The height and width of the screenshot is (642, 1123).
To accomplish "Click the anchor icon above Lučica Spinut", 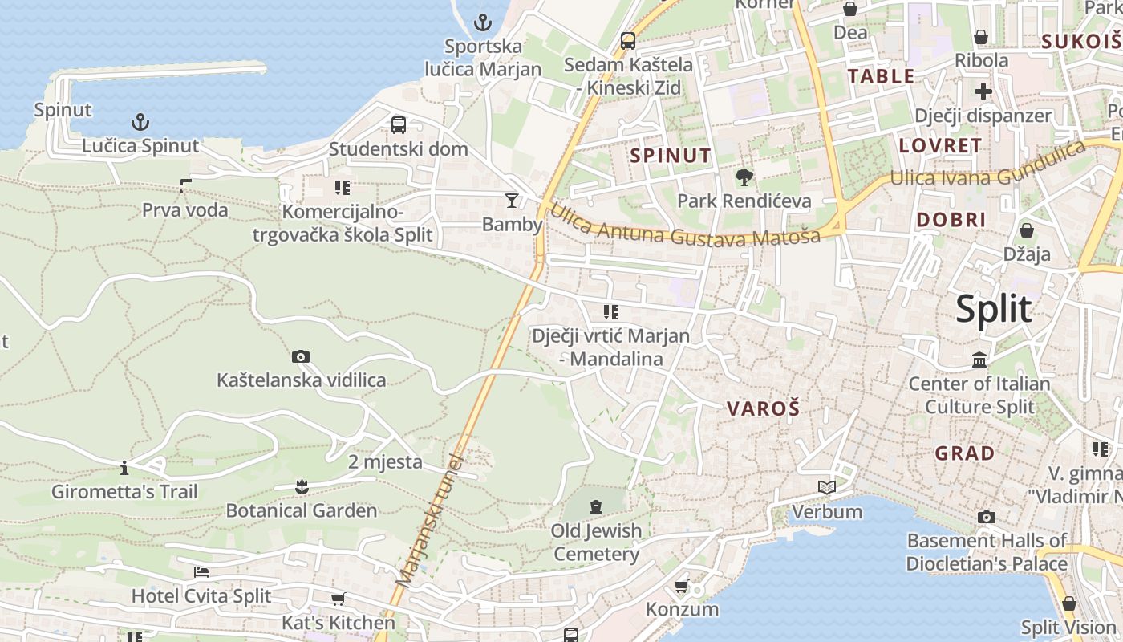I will click(140, 122).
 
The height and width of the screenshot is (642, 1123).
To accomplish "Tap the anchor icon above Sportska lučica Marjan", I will click(483, 22).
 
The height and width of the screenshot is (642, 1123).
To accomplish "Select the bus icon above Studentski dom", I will click(399, 125).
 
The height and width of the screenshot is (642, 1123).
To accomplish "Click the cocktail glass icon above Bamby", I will click(512, 200).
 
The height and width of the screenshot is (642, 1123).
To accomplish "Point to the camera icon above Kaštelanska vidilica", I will click(301, 356).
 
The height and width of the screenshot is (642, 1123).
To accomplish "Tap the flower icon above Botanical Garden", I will click(302, 486).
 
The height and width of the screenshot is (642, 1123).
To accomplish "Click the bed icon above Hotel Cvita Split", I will click(201, 572).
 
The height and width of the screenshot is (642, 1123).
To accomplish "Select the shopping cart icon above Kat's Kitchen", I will click(338, 599).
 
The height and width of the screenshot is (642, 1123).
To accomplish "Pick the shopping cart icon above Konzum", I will click(682, 586).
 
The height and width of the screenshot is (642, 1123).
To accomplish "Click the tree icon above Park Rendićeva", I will click(744, 177).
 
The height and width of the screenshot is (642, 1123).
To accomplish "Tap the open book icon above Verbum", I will click(827, 487).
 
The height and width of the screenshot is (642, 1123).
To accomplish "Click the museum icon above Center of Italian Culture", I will click(979, 360).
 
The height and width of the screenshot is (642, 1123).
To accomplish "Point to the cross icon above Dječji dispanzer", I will click(983, 91).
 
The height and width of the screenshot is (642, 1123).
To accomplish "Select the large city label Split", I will click(993, 309).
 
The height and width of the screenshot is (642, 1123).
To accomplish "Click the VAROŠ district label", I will click(763, 408).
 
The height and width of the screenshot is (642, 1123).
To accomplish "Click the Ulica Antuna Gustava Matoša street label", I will click(685, 226).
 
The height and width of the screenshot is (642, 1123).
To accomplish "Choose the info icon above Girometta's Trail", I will click(124, 467).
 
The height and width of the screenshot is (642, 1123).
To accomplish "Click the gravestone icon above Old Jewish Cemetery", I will click(596, 507).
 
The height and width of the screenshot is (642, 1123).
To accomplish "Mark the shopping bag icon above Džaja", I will click(1026, 231).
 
